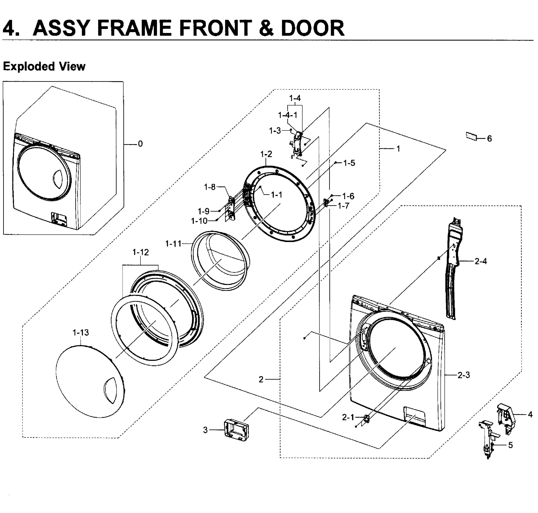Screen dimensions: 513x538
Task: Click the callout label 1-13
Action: [80, 333]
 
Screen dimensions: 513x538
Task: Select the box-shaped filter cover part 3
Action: [236, 430]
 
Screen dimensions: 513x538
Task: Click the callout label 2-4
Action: [481, 261]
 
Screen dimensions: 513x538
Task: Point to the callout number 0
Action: [140, 144]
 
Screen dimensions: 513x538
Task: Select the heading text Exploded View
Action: [44, 66]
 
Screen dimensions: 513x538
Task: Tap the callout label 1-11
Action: [173, 243]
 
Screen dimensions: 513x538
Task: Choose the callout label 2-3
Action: [464, 375]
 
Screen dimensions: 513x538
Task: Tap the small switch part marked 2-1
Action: [366, 418]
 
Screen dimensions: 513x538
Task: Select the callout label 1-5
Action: [349, 163]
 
